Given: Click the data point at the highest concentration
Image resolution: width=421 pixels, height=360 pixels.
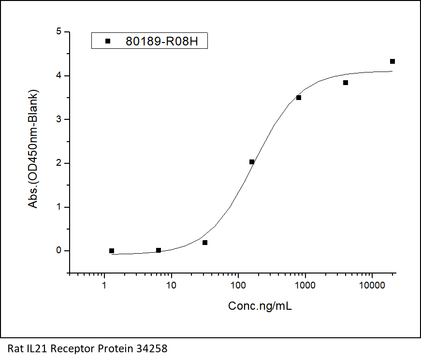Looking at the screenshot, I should (x=392, y=61).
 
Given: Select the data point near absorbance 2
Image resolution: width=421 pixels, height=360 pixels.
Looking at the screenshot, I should (x=252, y=162).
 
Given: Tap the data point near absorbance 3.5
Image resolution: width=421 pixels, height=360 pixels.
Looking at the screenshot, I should (x=299, y=98).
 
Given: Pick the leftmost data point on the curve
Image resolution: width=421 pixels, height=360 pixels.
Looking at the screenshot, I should (x=112, y=251).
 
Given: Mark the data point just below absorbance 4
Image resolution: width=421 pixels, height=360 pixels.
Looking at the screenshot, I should (x=346, y=83).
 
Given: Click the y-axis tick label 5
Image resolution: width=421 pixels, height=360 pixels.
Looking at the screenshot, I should (x=58, y=32).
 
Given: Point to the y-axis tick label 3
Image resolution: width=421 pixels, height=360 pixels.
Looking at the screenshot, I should (x=58, y=119).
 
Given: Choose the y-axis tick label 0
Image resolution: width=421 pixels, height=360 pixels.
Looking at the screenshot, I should (x=58, y=251).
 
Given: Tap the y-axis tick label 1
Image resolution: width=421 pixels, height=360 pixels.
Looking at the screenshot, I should (x=58, y=207).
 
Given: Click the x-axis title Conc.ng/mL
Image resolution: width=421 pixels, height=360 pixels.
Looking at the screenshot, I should (x=260, y=306).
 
